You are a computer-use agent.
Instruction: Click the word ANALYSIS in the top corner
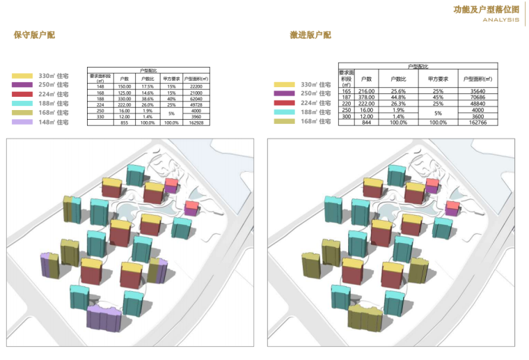498,20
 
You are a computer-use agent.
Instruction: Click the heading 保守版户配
34,35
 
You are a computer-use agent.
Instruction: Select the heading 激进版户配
310,35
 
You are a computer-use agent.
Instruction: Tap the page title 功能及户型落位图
486,9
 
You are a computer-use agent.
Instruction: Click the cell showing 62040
196,98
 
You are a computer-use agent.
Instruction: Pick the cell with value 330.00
125,98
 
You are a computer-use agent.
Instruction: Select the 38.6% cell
148,98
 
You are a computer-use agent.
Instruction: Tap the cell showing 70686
477,97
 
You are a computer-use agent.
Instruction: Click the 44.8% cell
397,97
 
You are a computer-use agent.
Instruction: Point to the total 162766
477,123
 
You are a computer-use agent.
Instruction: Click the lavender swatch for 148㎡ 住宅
22,122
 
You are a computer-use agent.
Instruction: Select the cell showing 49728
196,104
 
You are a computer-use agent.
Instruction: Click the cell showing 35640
477,91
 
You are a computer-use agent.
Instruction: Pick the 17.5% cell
148,86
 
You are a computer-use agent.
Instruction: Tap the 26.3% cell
397,104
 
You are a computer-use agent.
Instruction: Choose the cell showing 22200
196,86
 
